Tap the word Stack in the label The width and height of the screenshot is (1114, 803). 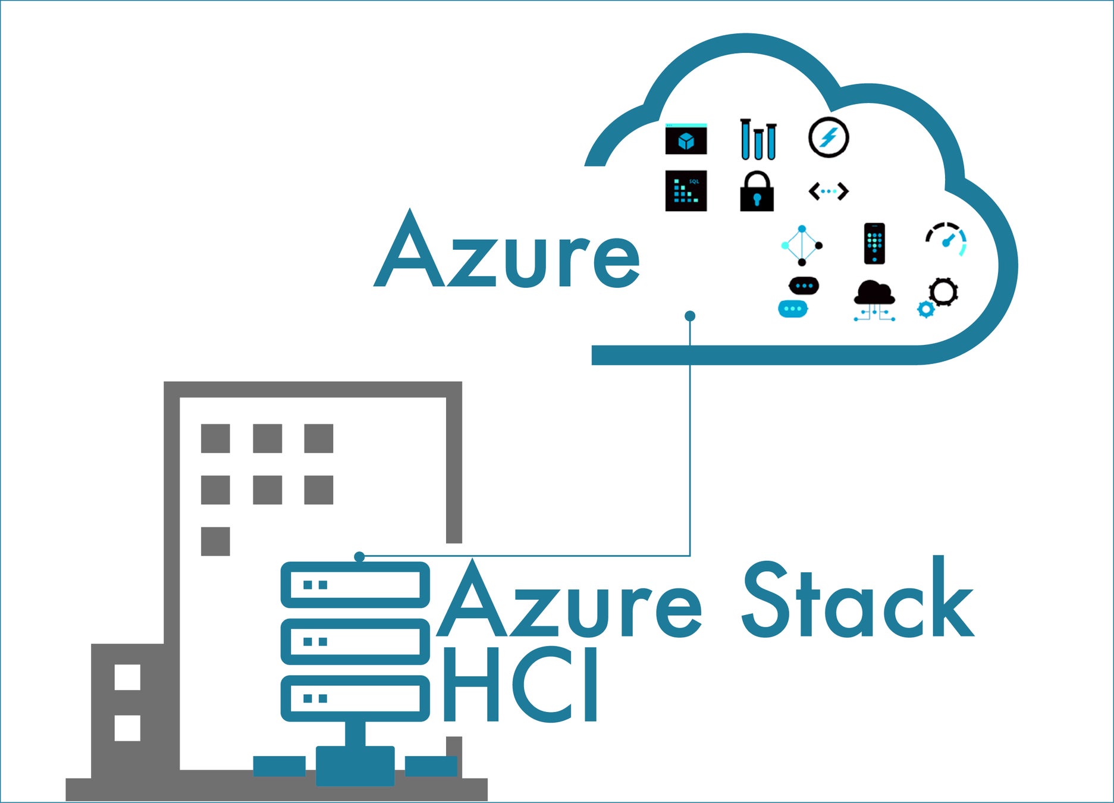click(x=858, y=601)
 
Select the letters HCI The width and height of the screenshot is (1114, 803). click(x=520, y=684)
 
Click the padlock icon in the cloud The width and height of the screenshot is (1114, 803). click(x=757, y=192)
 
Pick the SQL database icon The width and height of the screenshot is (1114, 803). click(x=686, y=191)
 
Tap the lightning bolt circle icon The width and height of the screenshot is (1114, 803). click(x=828, y=137)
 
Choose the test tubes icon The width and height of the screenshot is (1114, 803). click(x=758, y=140)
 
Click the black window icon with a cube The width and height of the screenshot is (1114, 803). click(x=686, y=139)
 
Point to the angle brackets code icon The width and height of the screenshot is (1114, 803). click(x=828, y=192)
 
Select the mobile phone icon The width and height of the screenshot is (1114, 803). click(x=874, y=243)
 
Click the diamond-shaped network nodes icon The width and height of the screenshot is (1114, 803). click(x=802, y=245)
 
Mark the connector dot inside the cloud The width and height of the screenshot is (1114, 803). click(x=690, y=316)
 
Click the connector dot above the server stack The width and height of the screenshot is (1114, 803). click(x=359, y=557)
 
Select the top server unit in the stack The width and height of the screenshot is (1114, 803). click(x=355, y=585)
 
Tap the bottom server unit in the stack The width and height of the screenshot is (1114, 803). click(x=355, y=698)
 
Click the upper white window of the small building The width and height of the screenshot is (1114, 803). click(x=127, y=677)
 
